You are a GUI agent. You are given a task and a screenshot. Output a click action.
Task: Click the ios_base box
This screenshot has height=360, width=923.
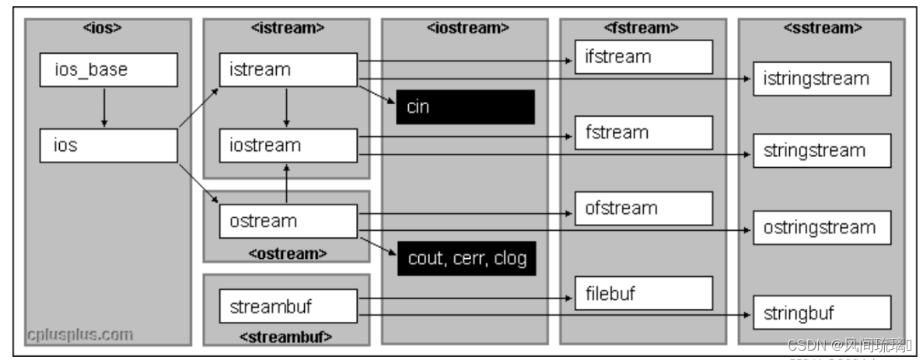pyautogui.click(x=108, y=69)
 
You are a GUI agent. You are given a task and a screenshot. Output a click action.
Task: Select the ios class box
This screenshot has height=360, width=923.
pyautogui.click(x=108, y=145)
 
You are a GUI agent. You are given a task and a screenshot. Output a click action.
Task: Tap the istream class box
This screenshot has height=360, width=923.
pyautogui.click(x=288, y=69)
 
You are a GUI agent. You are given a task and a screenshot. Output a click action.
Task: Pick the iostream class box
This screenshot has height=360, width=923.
pyautogui.click(x=288, y=145)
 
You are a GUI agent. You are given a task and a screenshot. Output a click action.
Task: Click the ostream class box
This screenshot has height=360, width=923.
pyautogui.click(x=288, y=221)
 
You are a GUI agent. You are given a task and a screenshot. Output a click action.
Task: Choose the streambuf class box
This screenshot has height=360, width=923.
pyautogui.click(x=288, y=306)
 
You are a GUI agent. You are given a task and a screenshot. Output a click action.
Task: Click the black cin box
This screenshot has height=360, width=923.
pyautogui.click(x=465, y=107)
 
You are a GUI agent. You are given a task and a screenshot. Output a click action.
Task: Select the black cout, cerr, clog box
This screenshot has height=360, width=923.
pyautogui.click(x=467, y=258)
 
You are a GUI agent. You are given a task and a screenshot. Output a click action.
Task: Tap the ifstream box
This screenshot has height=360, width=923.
pyautogui.click(x=644, y=57)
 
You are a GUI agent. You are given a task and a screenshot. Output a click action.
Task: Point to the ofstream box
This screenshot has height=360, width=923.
pyautogui.click(x=644, y=208)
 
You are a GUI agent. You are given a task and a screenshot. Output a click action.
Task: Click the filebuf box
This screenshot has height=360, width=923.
pyautogui.click(x=644, y=293)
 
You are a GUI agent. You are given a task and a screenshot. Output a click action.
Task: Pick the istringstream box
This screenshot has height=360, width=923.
pyautogui.click(x=821, y=79)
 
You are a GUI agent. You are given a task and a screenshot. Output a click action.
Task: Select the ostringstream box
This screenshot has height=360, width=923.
pyautogui.click(x=821, y=228)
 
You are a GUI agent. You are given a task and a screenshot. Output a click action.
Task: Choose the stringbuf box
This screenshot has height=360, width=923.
pyautogui.click(x=821, y=313)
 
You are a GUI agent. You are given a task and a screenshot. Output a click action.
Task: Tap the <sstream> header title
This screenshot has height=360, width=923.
pyautogui.click(x=821, y=28)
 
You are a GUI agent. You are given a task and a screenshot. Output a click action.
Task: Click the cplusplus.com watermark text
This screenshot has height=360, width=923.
pyautogui.click(x=80, y=335)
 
